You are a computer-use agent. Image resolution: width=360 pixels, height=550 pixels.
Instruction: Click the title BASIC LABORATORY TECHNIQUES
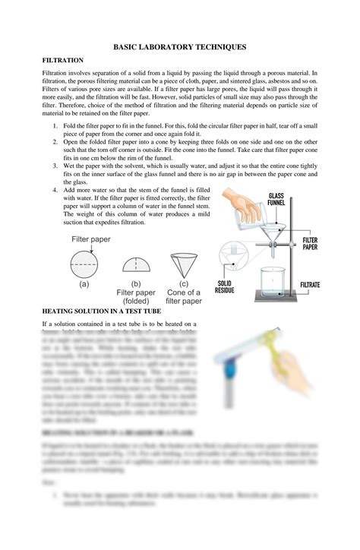(180, 46)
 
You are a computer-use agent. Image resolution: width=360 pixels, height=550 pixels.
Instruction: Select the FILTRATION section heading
(62, 59)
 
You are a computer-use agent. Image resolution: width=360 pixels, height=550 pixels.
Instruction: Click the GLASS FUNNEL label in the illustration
(276, 199)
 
